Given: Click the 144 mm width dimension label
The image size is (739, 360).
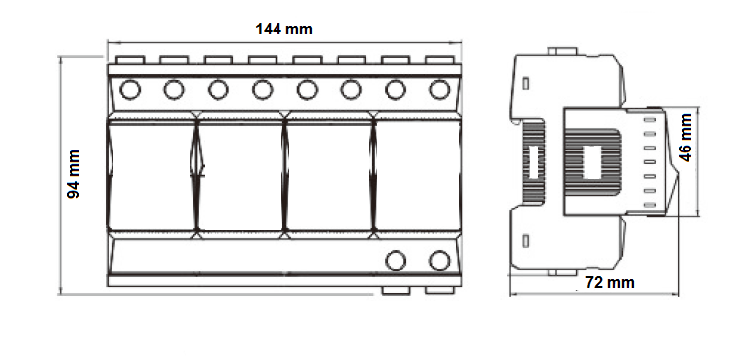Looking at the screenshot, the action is [x=283, y=30].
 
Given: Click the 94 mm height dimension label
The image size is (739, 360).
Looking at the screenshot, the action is [x=73, y=174].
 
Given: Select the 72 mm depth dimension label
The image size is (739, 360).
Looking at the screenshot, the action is [x=610, y=282].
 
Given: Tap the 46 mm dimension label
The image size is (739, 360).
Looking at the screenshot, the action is [x=685, y=138].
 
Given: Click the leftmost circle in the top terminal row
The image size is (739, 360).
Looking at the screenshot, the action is [x=130, y=90].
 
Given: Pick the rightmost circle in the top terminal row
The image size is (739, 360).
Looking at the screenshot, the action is [x=440, y=90].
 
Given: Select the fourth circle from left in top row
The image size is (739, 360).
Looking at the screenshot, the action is [x=263, y=90].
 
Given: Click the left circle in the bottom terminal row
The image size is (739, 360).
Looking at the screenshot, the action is [x=396, y=261].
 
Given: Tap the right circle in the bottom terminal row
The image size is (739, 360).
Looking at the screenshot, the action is [x=440, y=261].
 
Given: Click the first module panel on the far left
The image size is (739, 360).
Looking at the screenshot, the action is [x=152, y=175].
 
